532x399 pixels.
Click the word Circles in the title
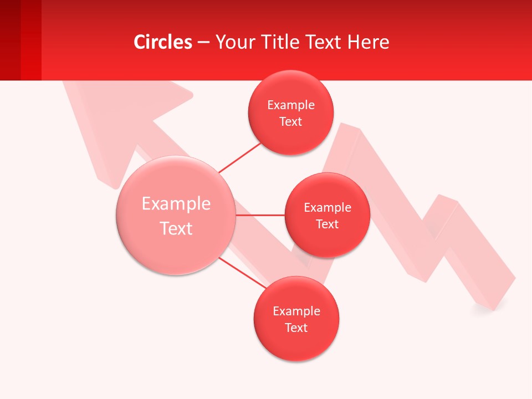163,42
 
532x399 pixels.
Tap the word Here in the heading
368,42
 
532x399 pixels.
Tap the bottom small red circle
296,344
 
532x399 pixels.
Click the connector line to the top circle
239,157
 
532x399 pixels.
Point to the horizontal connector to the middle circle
260,215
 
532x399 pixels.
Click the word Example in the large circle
176,204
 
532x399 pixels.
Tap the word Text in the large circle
176,228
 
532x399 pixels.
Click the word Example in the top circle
290,105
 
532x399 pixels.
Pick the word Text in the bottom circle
296,328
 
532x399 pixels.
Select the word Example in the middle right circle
327,208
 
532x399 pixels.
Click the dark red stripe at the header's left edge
10,40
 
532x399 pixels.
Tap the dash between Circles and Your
203,43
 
